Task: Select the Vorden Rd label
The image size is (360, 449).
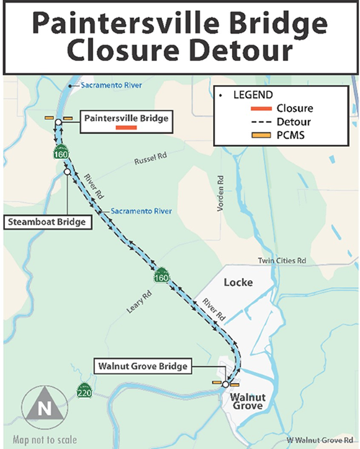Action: tap(217, 194)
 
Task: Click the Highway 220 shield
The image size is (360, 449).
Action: tap(84, 392)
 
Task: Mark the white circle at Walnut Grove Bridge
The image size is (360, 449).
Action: tap(226, 384)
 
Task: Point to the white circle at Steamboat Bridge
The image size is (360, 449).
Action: tap(67, 172)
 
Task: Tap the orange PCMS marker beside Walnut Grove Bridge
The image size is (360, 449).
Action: tap(215, 383)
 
